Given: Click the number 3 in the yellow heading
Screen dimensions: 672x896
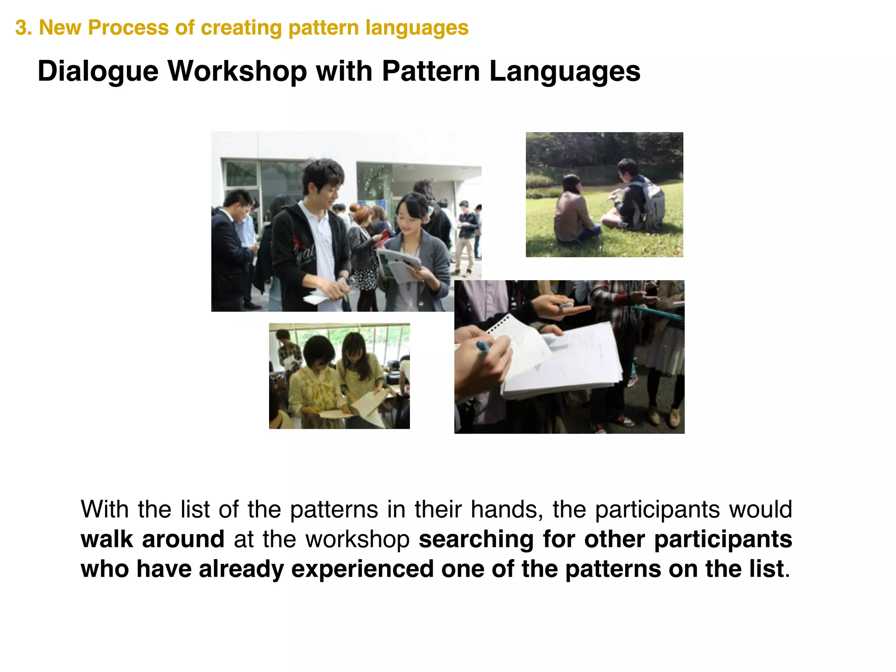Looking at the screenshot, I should coord(20,28).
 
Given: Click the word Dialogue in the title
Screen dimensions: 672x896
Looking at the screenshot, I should coord(98,71).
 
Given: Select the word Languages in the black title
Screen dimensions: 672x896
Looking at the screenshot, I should coord(564,71).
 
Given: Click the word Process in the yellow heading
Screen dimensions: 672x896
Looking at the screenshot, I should coord(128,28).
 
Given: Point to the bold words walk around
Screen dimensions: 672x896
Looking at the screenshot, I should coord(152,539).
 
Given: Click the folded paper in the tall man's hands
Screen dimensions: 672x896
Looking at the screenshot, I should coord(316,298).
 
